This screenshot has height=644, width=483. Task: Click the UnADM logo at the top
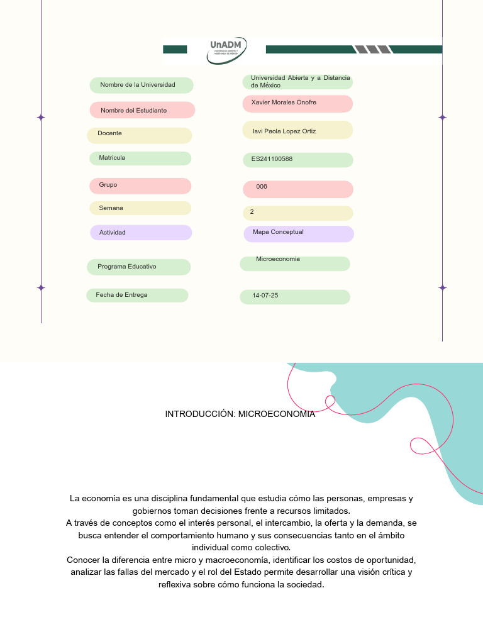(227, 50)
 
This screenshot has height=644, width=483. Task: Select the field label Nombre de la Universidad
(138, 85)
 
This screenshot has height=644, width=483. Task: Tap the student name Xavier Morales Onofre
(284, 103)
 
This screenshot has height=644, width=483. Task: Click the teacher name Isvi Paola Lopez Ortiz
(284, 131)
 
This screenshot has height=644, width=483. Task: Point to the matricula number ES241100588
(272, 159)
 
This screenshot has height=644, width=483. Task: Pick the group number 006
(262, 187)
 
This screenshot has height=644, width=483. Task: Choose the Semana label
(111, 208)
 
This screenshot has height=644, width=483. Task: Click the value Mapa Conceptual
(278, 232)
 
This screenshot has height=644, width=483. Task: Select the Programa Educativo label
(127, 267)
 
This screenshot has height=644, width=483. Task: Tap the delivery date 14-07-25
(265, 295)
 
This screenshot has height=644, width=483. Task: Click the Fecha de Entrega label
(121, 294)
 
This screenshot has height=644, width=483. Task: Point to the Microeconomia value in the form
(278, 259)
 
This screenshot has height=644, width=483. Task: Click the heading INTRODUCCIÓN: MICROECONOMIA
(240, 414)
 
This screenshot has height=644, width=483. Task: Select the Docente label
(110, 133)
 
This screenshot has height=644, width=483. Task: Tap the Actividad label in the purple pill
(113, 233)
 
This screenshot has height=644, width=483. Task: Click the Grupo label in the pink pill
(108, 185)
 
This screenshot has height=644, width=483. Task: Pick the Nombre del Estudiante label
(134, 111)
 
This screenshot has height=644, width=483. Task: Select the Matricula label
(112, 158)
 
